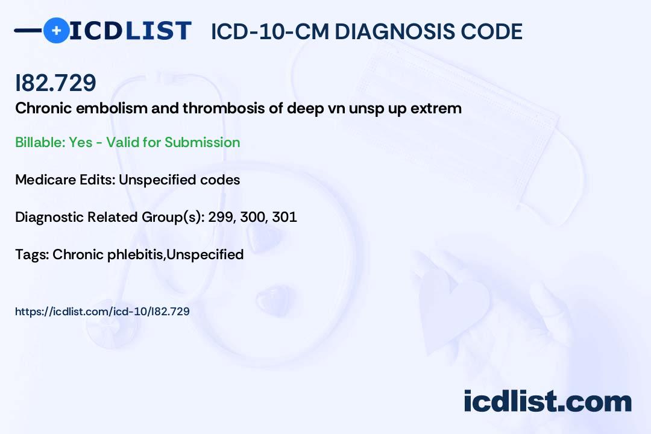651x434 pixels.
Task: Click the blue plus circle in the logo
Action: (x=56, y=31)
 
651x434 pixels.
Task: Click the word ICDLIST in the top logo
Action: (x=130, y=31)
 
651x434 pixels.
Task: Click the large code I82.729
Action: (x=55, y=83)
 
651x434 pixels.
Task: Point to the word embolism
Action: (x=112, y=108)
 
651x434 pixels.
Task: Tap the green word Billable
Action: (x=40, y=142)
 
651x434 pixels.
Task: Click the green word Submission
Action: (x=202, y=142)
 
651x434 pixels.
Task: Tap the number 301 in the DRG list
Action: (x=285, y=217)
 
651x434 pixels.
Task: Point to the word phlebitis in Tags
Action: (x=136, y=254)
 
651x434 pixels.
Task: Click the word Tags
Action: (x=32, y=254)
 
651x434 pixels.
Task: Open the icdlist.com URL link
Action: (x=102, y=312)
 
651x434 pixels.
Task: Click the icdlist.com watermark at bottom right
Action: (x=547, y=401)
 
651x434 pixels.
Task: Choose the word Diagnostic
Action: (x=49, y=217)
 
